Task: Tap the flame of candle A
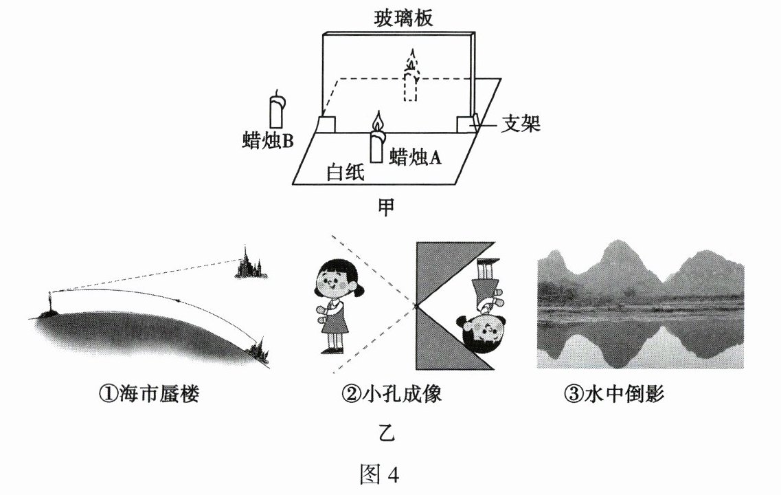click(377, 122)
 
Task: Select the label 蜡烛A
click(414, 157)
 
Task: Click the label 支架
click(520, 124)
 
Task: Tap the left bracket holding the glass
click(327, 125)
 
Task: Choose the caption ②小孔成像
click(389, 394)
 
